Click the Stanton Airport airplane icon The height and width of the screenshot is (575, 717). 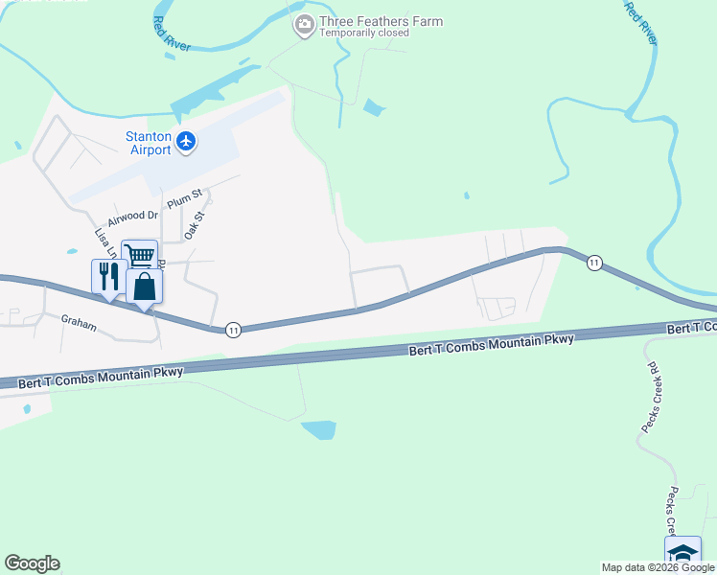pos(186,143)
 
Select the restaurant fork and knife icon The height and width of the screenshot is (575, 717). pos(107,276)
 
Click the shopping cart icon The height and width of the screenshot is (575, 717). pos(140,255)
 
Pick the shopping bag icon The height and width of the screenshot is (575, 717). pos(144,286)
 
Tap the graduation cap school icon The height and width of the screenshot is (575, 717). pos(682,554)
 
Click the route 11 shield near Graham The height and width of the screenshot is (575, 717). pos(233,330)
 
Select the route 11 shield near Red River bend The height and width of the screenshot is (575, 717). pos(594,263)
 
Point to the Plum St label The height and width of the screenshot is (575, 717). pos(185,199)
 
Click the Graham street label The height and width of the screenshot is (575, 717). pos(79,324)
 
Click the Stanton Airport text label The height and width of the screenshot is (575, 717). pos(149,143)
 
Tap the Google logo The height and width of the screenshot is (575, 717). pos(32,563)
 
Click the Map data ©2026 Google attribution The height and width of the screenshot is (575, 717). pos(658,567)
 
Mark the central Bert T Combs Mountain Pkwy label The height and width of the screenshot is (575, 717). pos(491,345)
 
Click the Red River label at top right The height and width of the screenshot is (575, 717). pos(640,23)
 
